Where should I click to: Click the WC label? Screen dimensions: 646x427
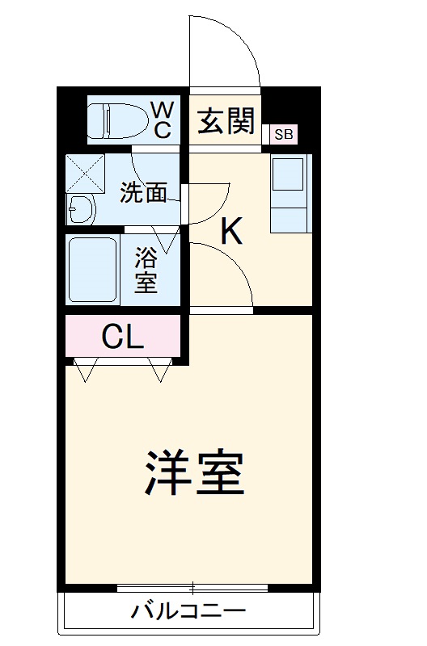tap(162, 120)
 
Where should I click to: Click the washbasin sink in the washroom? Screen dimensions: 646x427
tap(81, 210)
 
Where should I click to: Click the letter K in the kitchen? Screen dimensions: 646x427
tap(231, 233)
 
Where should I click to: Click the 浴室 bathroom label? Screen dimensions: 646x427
tap(146, 271)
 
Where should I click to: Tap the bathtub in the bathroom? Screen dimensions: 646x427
tap(94, 270)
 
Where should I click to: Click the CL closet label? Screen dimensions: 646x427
tap(122, 336)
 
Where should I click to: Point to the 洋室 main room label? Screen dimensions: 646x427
tap(194, 473)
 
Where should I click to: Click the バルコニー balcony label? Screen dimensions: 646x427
tap(188, 611)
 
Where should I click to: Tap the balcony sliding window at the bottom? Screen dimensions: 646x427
tap(194, 588)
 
